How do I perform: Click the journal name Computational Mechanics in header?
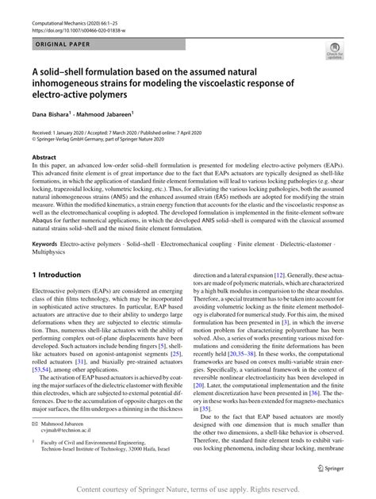63,14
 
